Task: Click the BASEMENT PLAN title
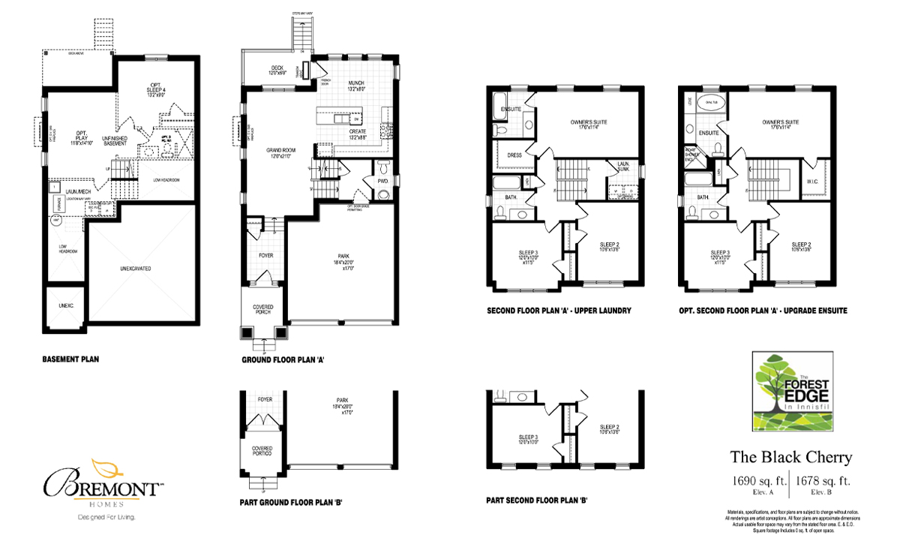70,359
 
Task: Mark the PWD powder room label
382,181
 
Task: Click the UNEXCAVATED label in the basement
145,266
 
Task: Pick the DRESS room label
514,156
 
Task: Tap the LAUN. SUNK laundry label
622,167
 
